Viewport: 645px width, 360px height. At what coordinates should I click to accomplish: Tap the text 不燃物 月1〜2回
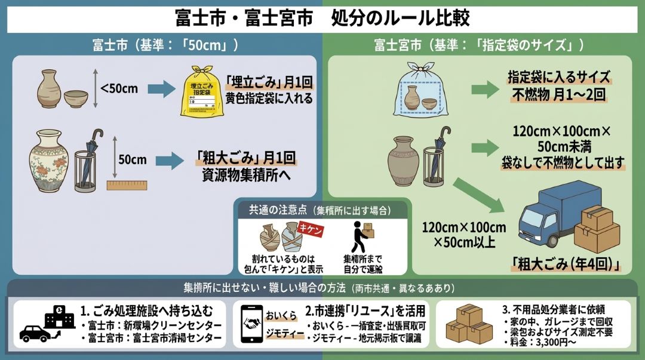click(x=558, y=94)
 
